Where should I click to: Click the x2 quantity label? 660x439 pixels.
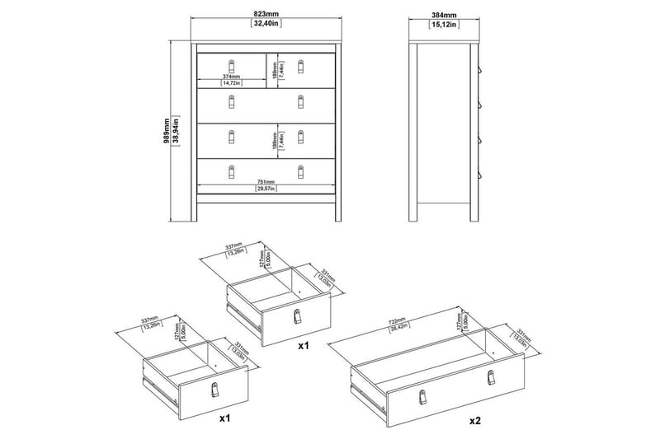[x=474, y=420]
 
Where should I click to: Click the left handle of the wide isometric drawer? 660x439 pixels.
[x=422, y=396]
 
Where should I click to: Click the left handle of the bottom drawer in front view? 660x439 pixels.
[x=231, y=170]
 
